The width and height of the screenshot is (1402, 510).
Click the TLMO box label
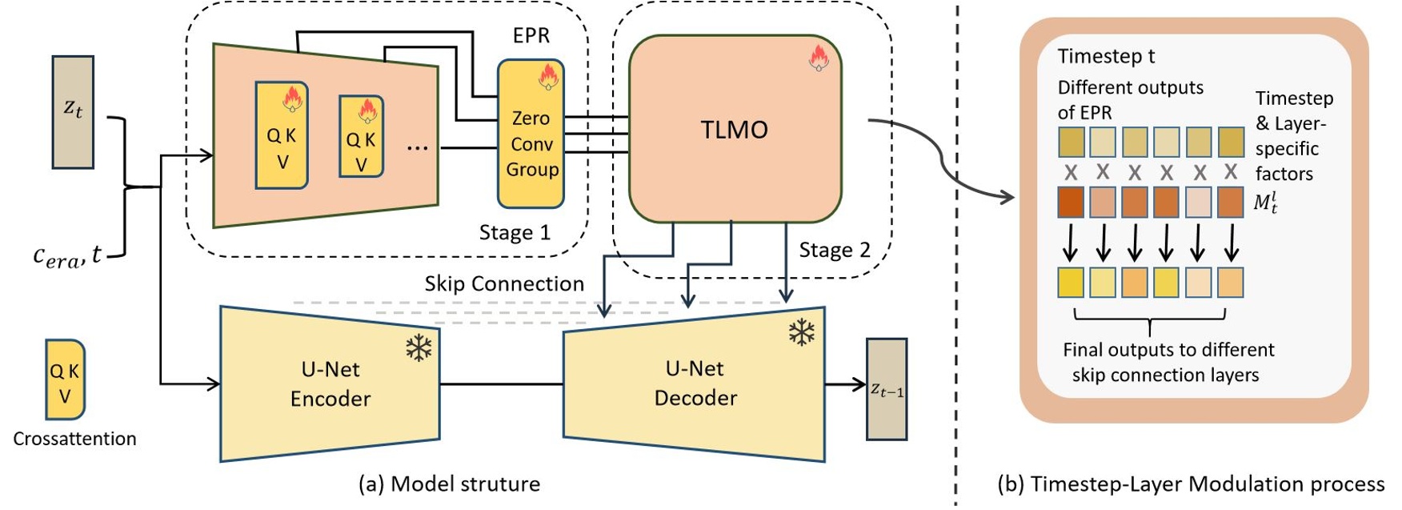click(734, 130)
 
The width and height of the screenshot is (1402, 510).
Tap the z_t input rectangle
click(73, 111)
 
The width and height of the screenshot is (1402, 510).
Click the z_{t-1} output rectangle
click(887, 390)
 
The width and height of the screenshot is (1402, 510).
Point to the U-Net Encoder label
click(330, 384)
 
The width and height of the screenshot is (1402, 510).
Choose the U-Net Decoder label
click(695, 384)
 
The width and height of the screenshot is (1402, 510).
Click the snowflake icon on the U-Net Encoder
click(419, 347)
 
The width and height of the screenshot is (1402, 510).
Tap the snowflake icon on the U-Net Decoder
click(801, 332)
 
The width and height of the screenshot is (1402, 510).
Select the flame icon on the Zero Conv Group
click(548, 78)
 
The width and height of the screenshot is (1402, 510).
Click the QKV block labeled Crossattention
click(65, 379)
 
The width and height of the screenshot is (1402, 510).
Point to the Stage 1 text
click(515, 233)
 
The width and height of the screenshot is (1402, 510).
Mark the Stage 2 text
click(835, 251)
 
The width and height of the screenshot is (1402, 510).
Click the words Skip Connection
click(504, 284)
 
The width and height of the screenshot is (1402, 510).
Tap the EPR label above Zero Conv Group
click(531, 36)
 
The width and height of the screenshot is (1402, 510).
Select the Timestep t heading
click(1106, 57)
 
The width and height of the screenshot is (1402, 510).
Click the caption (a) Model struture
click(449, 484)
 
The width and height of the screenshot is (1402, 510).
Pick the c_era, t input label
click(67, 255)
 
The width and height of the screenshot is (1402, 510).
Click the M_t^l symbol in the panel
click(1265, 202)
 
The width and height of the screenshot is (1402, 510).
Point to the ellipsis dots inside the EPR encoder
click(417, 147)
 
